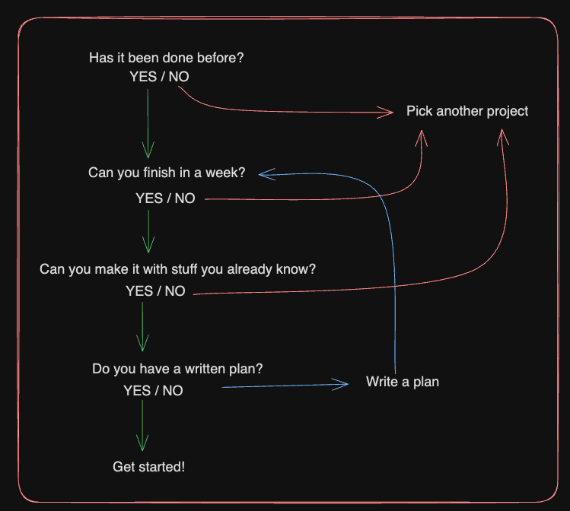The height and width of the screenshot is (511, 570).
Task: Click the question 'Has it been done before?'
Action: point(171,58)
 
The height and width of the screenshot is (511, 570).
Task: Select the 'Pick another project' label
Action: point(467,111)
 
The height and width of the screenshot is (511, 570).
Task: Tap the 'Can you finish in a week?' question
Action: point(167,173)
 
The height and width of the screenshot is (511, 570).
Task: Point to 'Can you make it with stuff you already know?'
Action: point(177,269)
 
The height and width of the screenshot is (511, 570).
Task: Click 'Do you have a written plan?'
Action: point(177,369)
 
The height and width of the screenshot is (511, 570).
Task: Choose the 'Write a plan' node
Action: point(403,381)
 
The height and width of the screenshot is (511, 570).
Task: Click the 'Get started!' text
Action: point(148,466)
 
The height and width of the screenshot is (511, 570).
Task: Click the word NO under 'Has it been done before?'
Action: point(180,77)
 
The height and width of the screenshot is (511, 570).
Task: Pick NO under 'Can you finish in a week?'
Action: point(185,198)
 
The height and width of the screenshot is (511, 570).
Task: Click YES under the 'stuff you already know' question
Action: point(139,291)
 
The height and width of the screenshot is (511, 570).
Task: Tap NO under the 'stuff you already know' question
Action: point(175,291)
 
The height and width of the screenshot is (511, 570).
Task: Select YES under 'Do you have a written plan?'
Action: point(137,391)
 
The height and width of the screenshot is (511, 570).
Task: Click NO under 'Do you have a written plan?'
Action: point(173,391)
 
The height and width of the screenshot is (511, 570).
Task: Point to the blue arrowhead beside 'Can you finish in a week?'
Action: point(263,174)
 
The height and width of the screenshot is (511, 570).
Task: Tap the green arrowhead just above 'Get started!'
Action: point(142,444)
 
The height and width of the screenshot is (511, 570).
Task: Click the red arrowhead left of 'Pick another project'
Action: point(387,113)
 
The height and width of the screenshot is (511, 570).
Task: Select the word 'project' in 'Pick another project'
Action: point(508,111)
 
